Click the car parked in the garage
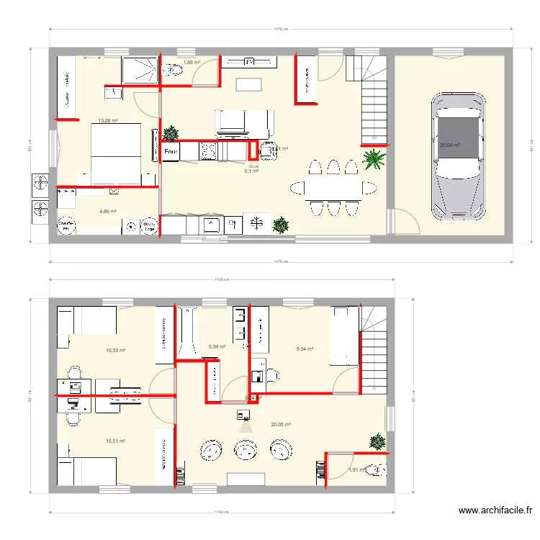pos(456,156)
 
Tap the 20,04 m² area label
pos(449,145)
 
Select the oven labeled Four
pos(171,152)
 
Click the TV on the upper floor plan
pos(249,62)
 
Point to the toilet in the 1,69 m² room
pos(173,71)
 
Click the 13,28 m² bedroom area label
pos(108,120)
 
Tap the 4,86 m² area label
pos(107,211)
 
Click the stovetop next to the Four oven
pos(208,151)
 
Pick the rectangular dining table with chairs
pos(328,188)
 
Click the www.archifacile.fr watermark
pos(496,510)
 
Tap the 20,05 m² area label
pos(281,425)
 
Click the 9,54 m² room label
pos(306,348)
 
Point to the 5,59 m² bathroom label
pos(217,346)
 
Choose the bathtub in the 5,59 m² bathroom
pos(188,333)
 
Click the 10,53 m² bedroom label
pos(116,351)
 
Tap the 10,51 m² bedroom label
pos(116,441)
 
